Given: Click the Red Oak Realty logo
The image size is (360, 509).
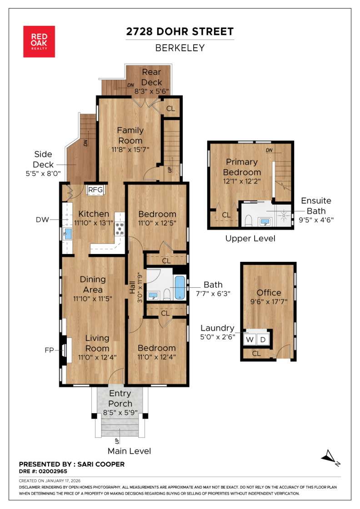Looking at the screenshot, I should (x=39, y=41).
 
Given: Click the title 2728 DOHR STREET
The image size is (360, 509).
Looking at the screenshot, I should (x=180, y=31).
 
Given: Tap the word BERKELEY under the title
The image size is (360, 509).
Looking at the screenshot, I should (x=180, y=48).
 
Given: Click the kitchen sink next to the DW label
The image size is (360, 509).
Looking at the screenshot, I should (x=68, y=234).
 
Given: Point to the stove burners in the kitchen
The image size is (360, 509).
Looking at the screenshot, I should (x=120, y=229).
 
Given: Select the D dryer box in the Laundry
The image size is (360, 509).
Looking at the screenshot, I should (x=263, y=339).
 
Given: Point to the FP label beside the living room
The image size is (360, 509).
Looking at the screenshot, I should (x=50, y=350).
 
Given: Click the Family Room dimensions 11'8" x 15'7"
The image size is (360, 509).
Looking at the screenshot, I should (x=130, y=149).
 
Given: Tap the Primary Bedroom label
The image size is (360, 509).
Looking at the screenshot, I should (x=242, y=167).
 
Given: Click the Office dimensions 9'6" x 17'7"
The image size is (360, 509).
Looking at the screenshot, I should (x=269, y=302).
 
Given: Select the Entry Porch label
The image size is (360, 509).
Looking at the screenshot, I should (x=120, y=398).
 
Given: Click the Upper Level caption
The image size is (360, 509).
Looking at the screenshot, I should (x=250, y=238).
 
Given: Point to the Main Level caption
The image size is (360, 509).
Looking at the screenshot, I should (x=129, y=451).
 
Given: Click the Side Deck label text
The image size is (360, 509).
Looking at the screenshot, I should (x=43, y=159).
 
